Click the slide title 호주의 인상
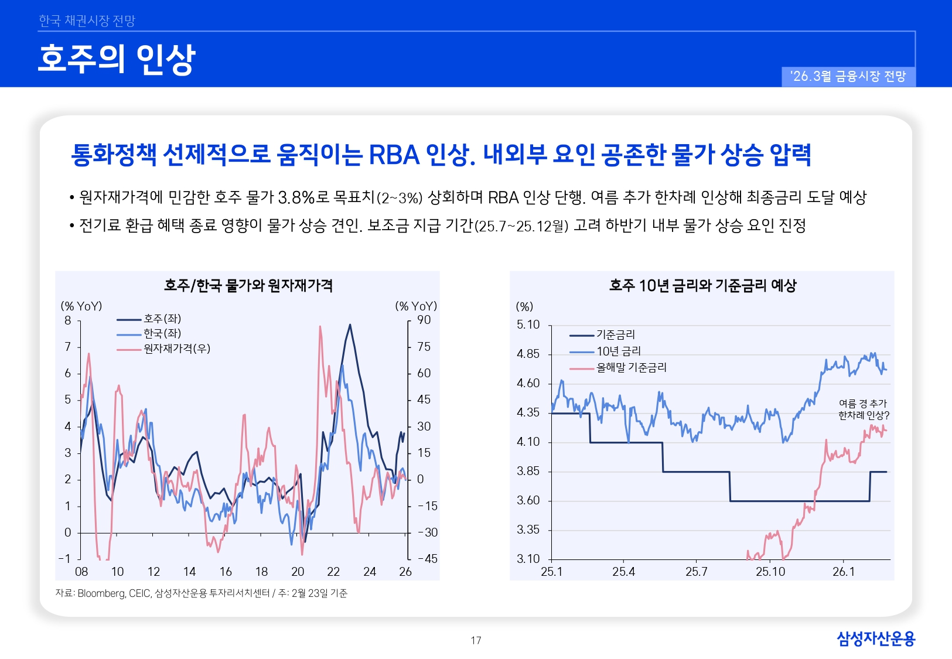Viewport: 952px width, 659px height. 116,59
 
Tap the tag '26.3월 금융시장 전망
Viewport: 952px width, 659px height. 848,77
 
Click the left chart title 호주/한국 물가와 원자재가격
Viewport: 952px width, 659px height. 248,286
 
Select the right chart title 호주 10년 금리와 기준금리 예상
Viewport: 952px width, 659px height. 702,286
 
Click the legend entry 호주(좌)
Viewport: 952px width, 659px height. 162,319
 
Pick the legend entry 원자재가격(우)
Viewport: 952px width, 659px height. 176,349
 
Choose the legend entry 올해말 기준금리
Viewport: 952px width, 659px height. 631,368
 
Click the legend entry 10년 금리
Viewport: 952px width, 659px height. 618,351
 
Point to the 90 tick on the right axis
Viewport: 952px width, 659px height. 424,320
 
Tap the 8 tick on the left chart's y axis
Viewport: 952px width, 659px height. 68,320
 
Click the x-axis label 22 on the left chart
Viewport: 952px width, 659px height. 333,572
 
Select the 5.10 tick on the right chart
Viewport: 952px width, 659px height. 528,325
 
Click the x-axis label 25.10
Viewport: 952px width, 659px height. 770,572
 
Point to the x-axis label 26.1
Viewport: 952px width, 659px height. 843,572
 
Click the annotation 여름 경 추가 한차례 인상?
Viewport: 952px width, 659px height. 863,409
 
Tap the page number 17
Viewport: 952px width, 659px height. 476,640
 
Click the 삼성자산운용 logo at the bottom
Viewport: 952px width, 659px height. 875,638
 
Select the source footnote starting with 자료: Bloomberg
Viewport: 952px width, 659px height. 201,593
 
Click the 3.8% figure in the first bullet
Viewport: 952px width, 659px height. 296,198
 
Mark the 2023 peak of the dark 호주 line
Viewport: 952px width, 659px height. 350,325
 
